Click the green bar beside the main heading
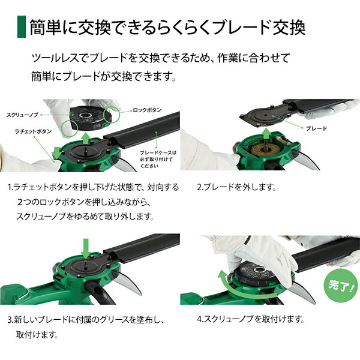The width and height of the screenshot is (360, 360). click(22, 28)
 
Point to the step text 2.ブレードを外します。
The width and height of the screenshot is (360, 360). click(236, 187)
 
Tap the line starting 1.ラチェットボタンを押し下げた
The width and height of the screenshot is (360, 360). click(93, 187)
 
